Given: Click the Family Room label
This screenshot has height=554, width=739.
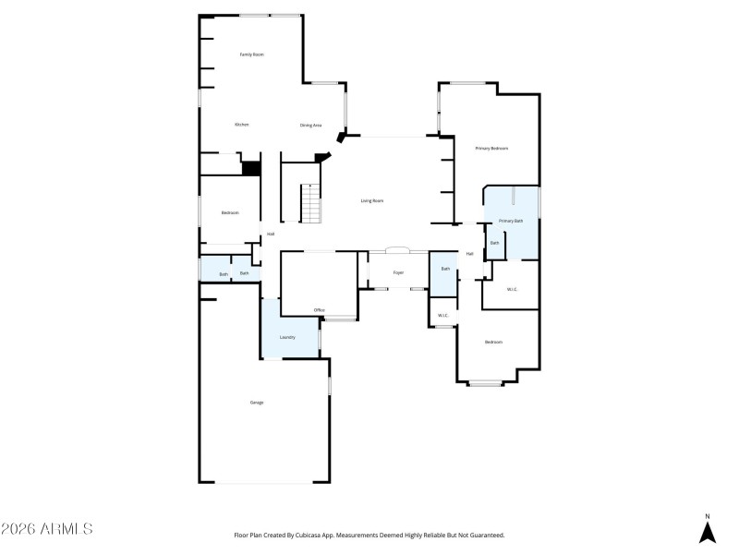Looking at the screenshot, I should pyautogui.click(x=252, y=54).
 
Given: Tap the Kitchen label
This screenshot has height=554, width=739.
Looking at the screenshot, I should pyautogui.click(x=241, y=124).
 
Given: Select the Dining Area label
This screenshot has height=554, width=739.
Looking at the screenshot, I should pyautogui.click(x=310, y=125).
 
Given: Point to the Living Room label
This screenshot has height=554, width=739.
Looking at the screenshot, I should pyautogui.click(x=371, y=200).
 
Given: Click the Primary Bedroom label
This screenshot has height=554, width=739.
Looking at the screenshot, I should pyautogui.click(x=491, y=148).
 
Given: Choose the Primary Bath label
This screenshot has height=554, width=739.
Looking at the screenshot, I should pyautogui.click(x=511, y=221).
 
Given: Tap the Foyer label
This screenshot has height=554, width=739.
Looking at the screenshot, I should pyautogui.click(x=398, y=272).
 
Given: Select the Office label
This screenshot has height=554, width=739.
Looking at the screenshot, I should pyautogui.click(x=319, y=309).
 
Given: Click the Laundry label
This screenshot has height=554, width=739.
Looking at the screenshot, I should pyautogui.click(x=287, y=337).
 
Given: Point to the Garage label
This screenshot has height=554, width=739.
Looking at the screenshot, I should pyautogui.click(x=256, y=402).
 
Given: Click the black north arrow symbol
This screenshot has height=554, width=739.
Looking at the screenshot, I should pyautogui.click(x=707, y=532).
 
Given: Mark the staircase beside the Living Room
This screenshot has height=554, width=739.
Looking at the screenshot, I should pyautogui.click(x=311, y=203).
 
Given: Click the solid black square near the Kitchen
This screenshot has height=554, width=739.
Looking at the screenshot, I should pyautogui.click(x=249, y=167).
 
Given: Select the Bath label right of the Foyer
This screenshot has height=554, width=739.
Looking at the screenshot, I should pyautogui.click(x=445, y=269).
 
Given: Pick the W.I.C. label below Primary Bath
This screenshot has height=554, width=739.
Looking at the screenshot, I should pyautogui.click(x=512, y=290).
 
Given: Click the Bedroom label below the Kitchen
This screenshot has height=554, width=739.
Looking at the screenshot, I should pyautogui.click(x=230, y=213).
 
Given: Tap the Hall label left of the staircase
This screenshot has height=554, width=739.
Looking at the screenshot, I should pyautogui.click(x=271, y=234).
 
